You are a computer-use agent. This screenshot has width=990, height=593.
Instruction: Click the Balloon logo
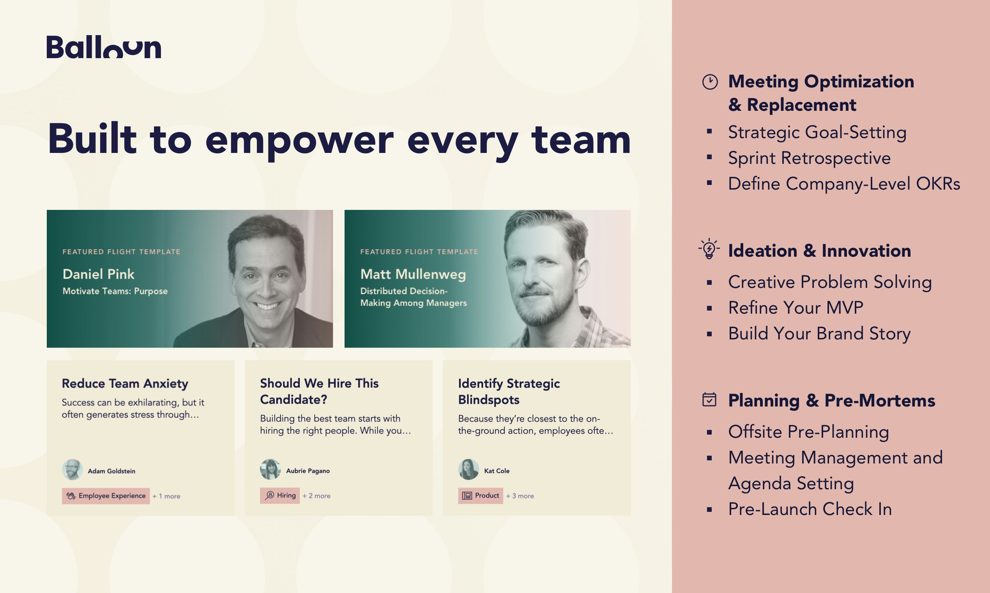[104, 47]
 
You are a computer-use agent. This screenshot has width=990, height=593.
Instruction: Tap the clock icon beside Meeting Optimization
[710, 82]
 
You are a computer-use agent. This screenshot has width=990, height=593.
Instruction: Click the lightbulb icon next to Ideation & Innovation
[709, 249]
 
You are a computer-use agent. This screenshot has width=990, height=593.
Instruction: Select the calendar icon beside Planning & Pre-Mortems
[709, 399]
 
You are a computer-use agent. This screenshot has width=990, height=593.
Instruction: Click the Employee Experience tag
[106, 496]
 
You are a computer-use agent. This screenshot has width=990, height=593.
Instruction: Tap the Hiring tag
[280, 495]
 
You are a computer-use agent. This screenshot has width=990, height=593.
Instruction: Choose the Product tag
[481, 495]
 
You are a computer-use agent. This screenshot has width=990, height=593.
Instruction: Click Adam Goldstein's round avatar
[72, 470]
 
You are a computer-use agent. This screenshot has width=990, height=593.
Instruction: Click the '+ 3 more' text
[520, 496]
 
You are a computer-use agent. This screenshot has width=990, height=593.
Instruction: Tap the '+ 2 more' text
[316, 496]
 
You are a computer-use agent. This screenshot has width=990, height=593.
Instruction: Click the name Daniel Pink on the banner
[99, 274]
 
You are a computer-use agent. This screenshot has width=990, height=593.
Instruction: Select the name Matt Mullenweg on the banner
[413, 274]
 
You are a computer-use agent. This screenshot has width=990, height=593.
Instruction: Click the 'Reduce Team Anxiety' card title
[125, 383]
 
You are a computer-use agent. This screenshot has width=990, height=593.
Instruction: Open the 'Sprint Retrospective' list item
[809, 158]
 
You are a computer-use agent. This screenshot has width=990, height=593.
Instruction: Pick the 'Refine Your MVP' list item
[796, 308]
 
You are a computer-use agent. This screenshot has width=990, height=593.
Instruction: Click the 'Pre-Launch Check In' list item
[810, 509]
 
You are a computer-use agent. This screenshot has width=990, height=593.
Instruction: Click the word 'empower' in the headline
[299, 140]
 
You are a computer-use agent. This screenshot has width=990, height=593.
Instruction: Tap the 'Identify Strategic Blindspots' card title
[509, 391]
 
